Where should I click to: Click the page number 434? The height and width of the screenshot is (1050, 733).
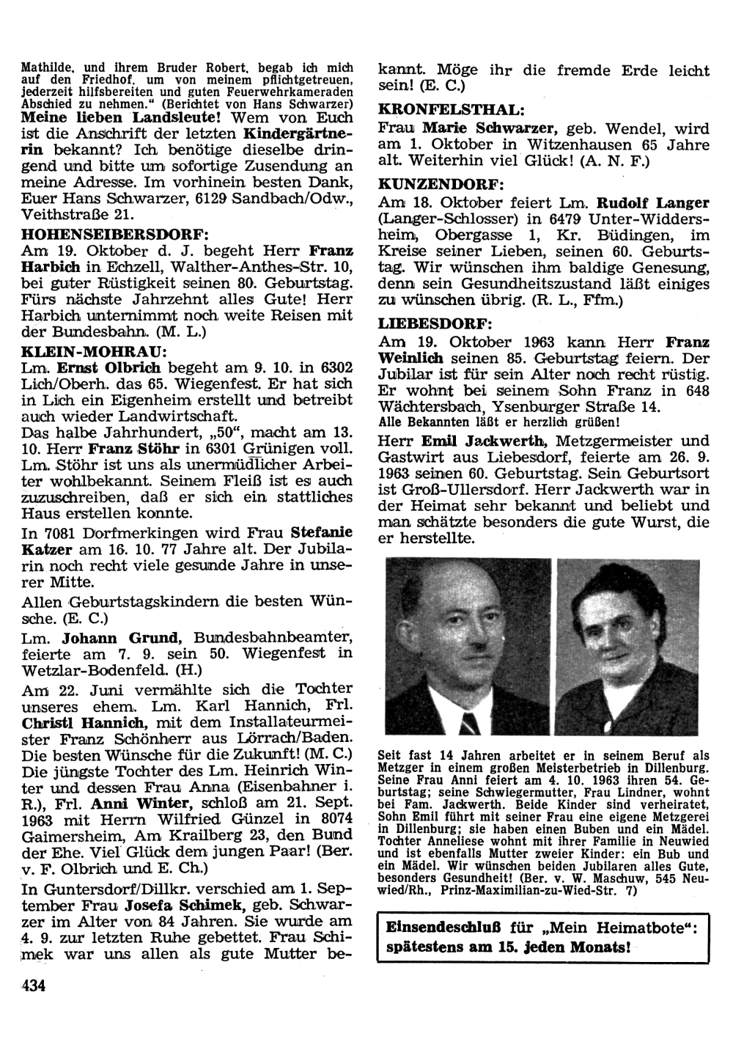[34, 985]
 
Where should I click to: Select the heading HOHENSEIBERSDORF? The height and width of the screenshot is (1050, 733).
[116, 234]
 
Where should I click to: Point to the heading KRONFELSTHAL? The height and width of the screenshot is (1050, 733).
[451, 109]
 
